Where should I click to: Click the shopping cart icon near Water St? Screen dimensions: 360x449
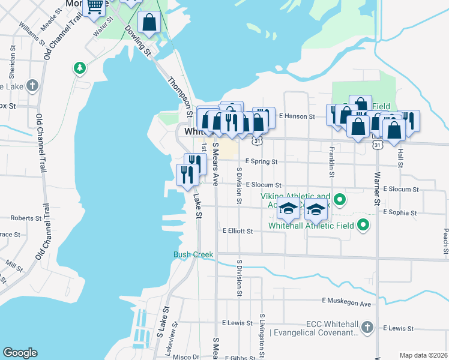[95, 7]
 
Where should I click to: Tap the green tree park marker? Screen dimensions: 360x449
[79, 68]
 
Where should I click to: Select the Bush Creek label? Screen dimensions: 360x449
[193, 254]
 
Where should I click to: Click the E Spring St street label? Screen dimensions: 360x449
[261, 162]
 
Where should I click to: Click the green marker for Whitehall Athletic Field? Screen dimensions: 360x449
[363, 226]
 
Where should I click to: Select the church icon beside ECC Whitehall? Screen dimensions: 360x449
[367, 328]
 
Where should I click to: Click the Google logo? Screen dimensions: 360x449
[20, 353]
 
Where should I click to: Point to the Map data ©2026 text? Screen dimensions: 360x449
[423, 355]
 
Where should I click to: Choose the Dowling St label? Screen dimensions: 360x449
[138, 41]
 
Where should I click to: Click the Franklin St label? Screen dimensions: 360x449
[331, 162]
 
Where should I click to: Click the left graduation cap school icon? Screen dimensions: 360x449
[288, 209]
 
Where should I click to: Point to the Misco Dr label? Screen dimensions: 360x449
[185, 357]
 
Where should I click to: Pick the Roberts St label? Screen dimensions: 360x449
[22, 218]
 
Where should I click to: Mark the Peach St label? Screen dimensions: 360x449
[445, 240]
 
